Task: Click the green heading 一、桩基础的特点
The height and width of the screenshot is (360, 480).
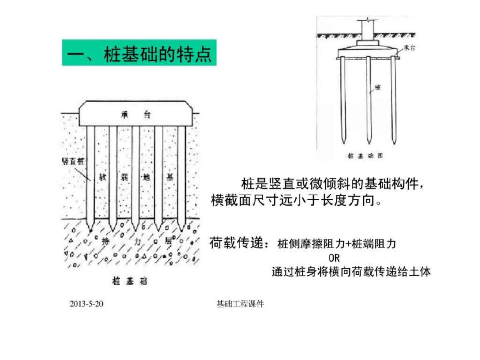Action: (x=139, y=52)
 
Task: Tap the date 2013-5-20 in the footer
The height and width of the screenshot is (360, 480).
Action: (x=86, y=304)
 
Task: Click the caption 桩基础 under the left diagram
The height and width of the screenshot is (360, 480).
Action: (x=129, y=281)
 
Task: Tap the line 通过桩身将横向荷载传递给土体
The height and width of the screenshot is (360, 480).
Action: (x=351, y=272)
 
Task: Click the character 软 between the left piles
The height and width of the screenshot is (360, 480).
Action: (x=103, y=178)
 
